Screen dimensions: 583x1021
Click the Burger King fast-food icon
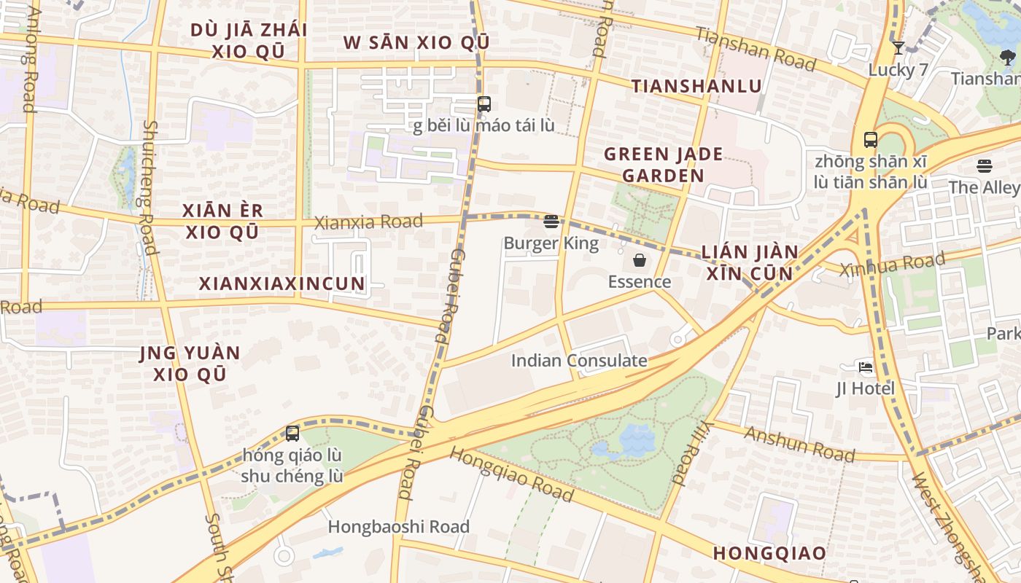(551, 222)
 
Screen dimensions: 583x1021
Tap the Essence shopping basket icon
(640, 260)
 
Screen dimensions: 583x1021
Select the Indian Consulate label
(579, 361)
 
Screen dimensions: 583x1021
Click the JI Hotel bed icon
(866, 367)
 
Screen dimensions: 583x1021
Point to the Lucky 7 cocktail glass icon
(898, 49)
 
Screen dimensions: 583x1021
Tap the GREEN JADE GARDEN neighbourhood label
(663, 165)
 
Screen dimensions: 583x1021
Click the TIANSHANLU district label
(696, 86)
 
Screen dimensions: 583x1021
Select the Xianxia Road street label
(368, 222)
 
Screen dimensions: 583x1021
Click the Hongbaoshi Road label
(398, 526)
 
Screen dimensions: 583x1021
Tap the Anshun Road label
(799, 444)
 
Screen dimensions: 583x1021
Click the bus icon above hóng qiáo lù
(292, 434)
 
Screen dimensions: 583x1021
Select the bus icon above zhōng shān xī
(870, 140)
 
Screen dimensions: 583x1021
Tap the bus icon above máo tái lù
(484, 104)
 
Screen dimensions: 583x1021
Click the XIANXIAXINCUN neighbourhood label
(282, 284)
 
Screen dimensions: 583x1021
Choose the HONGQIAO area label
(769, 553)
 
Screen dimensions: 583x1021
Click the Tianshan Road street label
(755, 49)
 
